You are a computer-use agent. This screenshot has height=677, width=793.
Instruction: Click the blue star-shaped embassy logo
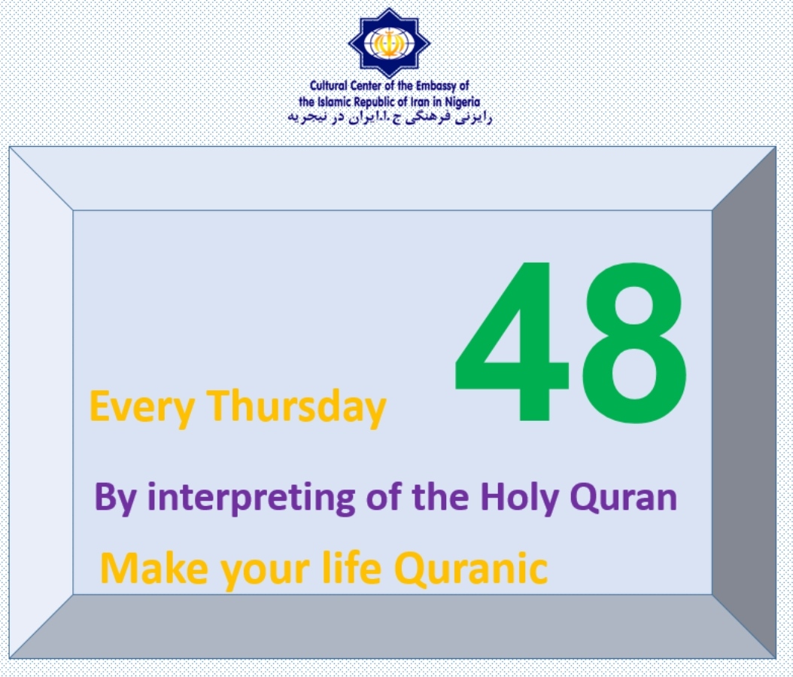pyautogui.click(x=389, y=42)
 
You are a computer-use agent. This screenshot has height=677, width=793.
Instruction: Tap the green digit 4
pyautogui.click(x=512, y=341)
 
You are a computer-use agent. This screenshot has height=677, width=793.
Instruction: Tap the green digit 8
pyautogui.click(x=634, y=342)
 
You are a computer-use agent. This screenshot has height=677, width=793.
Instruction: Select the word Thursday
pyautogui.click(x=297, y=408)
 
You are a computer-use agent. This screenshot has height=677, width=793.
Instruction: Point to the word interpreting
pyautogui.click(x=251, y=498)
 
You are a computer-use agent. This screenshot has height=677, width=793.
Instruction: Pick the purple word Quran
pyautogui.click(x=624, y=498)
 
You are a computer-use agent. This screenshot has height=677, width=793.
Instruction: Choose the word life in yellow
pyautogui.click(x=351, y=568)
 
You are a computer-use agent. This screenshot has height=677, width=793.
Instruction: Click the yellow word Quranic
pyautogui.click(x=471, y=569)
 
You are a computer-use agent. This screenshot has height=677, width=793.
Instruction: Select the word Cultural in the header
pyautogui.click(x=328, y=86)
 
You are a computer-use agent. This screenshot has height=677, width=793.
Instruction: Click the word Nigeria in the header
pyautogui.click(x=462, y=102)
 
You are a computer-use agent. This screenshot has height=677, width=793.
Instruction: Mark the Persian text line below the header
pyautogui.click(x=390, y=117)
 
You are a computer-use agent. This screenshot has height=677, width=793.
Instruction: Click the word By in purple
pyautogui.click(x=115, y=499)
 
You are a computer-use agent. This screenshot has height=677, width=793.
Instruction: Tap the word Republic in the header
pyautogui.click(x=374, y=102)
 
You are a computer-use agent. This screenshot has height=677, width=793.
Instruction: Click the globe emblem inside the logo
pyautogui.click(x=389, y=42)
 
